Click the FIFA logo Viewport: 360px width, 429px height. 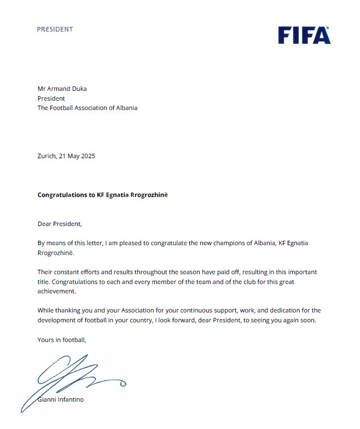tap(304, 34)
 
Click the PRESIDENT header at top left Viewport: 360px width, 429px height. tap(55, 29)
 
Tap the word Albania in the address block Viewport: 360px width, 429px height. tap(125, 108)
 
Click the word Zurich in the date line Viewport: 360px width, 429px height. tap(46, 156)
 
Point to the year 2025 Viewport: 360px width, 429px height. tap(88, 156)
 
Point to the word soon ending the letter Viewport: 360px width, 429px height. tap(308, 320)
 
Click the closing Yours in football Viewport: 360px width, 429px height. tap(62, 340)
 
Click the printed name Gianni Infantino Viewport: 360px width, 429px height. tap(61, 400)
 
